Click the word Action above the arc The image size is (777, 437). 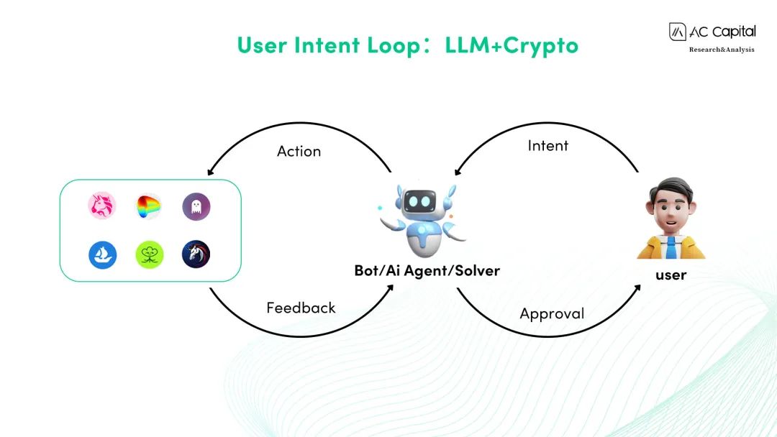click(299, 151)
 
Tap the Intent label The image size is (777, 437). click(547, 145)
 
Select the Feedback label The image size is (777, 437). click(301, 308)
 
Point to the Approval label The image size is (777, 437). click(552, 313)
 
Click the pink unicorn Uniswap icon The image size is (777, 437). click(102, 206)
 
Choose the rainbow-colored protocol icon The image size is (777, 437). click(149, 207)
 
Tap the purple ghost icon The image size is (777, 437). click(196, 207)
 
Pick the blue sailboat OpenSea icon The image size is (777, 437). click(102, 254)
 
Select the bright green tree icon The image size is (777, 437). click(149, 254)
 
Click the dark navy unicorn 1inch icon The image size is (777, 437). click(196, 254)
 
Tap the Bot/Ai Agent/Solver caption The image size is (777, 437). click(427, 271)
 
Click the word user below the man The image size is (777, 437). click(671, 275)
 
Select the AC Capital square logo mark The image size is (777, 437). click(678, 32)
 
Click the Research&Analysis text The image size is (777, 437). click(722, 50)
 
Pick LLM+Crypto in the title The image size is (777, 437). click(512, 45)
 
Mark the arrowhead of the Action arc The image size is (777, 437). click(209, 173)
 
